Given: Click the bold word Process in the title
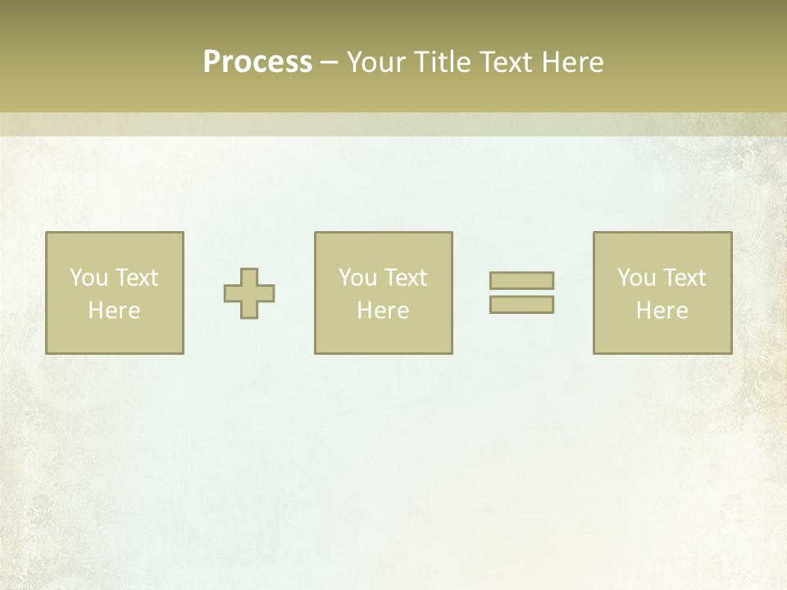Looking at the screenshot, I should click(257, 62).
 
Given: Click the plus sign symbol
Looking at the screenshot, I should click(249, 293).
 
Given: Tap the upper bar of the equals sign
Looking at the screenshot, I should click(521, 280).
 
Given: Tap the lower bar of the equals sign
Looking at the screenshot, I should click(521, 304).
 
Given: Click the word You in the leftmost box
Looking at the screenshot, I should click(89, 278).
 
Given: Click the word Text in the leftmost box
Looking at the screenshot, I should click(136, 278).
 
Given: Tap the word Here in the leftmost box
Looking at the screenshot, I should click(114, 311).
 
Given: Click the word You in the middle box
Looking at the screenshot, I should click(357, 278).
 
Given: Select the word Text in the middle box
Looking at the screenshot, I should click(405, 278).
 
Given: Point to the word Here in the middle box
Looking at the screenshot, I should click(383, 311).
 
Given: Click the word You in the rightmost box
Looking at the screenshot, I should click(636, 278).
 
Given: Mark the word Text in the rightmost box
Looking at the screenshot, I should click(684, 278).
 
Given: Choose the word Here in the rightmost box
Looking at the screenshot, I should click(662, 311).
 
